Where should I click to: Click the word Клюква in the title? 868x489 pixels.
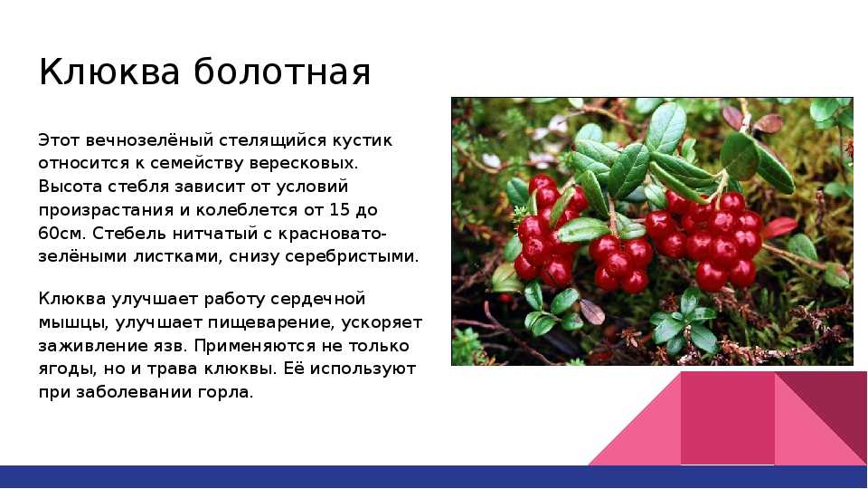click(109, 72)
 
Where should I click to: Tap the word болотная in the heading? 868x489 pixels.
click(282, 72)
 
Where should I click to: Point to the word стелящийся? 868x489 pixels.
click(273, 141)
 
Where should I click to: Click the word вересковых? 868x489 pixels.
click(304, 164)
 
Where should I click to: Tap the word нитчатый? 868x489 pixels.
click(214, 234)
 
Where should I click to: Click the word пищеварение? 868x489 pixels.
click(274, 322)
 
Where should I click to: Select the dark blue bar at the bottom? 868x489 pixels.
click(434, 477)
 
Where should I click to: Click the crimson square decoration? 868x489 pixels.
click(727, 418)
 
